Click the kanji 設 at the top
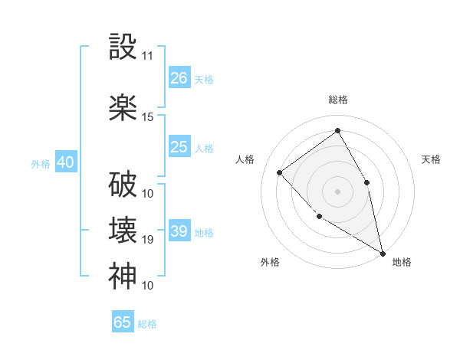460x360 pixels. [x=123, y=47]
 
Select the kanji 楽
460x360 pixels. [x=123, y=107]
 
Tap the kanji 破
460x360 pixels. [x=123, y=185]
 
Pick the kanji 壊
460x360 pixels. [x=123, y=231]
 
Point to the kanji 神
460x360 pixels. [x=123, y=277]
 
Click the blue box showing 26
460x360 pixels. [x=179, y=78]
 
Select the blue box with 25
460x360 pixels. [x=179, y=147]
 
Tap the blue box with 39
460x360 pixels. [x=179, y=231]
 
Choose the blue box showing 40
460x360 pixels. [x=65, y=162]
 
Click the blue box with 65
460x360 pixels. [x=123, y=322]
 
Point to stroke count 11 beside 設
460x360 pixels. [x=148, y=56]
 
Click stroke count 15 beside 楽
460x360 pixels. [x=148, y=116]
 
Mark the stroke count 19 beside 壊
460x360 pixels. [x=148, y=240]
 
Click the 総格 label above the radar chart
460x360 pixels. [x=338, y=100]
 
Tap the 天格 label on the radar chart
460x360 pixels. [x=432, y=159]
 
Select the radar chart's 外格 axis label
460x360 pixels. [x=270, y=262]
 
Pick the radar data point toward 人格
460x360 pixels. [x=280, y=172]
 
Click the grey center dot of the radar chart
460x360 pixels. [x=338, y=191]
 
